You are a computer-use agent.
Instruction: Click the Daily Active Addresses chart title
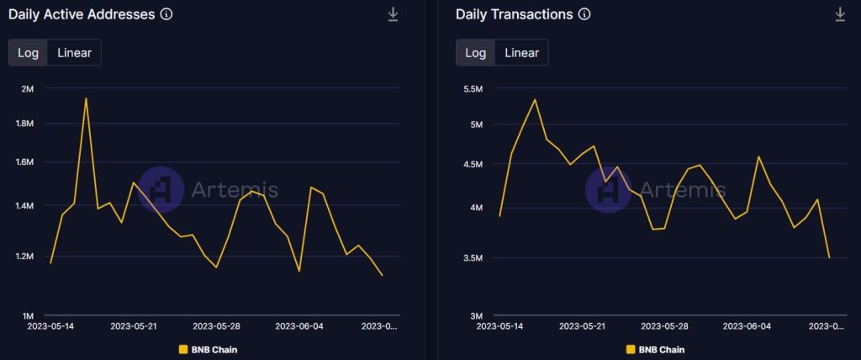pos(82,15)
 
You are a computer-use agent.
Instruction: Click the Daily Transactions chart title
pos(514,15)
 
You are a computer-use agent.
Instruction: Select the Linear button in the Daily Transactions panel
pos(521,53)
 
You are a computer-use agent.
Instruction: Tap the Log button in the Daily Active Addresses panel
pos(28,53)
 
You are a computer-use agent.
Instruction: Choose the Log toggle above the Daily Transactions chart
pos(476,53)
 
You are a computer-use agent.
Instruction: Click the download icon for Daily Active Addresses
pos(393,14)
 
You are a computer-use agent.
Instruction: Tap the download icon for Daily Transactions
pos(840,14)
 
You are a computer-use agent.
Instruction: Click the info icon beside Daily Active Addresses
pos(166,15)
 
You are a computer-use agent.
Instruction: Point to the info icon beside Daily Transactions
pos(584,15)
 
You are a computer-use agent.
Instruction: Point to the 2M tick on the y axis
pos(28,88)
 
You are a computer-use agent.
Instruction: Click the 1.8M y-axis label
pos(24,124)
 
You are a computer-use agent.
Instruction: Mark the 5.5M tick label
pos(472,88)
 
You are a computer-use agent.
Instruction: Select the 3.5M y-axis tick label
pos(472,257)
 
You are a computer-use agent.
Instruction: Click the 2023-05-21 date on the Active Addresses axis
pos(134,326)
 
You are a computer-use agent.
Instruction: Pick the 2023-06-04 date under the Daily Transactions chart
pos(747,326)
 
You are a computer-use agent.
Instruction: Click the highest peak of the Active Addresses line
pos(86,98)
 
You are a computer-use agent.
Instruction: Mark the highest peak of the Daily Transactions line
pos(535,99)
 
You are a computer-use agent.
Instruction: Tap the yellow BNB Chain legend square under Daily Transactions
pos(630,349)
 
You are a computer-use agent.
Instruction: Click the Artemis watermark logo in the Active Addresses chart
pos(160,189)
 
